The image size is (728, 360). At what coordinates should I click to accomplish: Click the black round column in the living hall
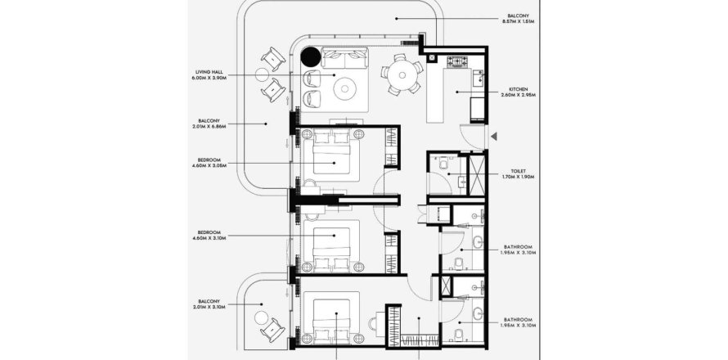pos(310,57)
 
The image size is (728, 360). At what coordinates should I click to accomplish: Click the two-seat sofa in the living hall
pos(345,58)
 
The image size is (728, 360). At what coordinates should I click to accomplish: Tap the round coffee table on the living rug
pos(344,85)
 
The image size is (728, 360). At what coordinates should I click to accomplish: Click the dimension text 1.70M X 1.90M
pos(517,176)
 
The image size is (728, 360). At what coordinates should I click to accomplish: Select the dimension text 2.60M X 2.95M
pos(517,95)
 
